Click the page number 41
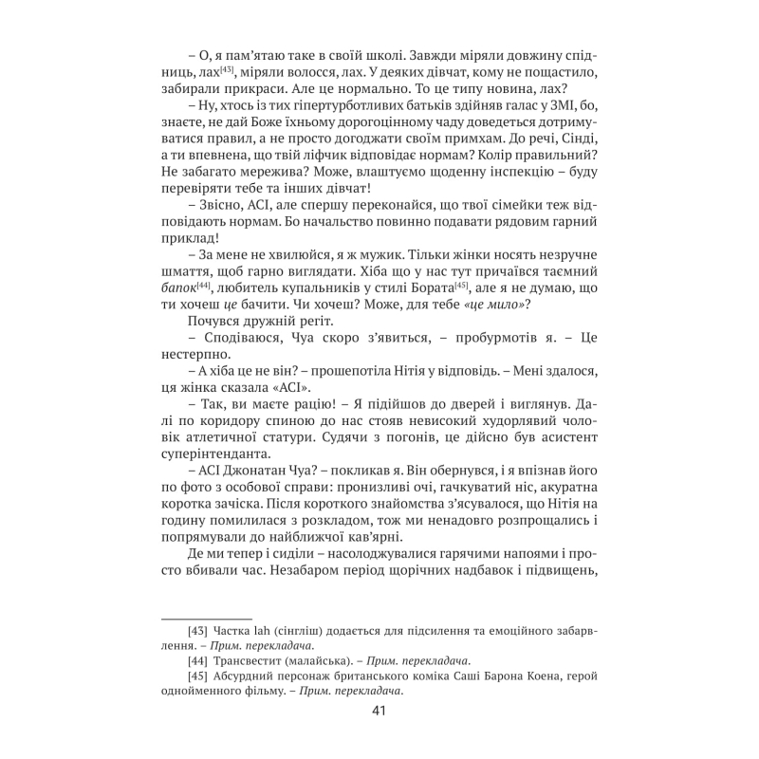coord(379,713)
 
